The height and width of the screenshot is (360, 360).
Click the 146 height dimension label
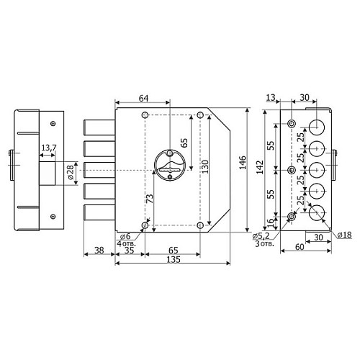click(x=243, y=163)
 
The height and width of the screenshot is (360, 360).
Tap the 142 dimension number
click(x=260, y=167)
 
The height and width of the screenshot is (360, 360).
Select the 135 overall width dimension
click(x=174, y=259)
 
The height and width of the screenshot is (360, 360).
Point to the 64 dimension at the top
click(x=144, y=98)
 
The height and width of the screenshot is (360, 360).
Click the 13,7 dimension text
click(x=49, y=148)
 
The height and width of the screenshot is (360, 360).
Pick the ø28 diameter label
click(x=71, y=173)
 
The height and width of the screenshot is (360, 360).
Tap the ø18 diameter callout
click(x=344, y=235)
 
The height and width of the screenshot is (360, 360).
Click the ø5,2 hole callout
click(x=261, y=236)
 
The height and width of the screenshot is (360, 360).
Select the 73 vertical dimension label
click(x=150, y=199)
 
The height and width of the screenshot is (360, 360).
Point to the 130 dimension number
click(x=205, y=166)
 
